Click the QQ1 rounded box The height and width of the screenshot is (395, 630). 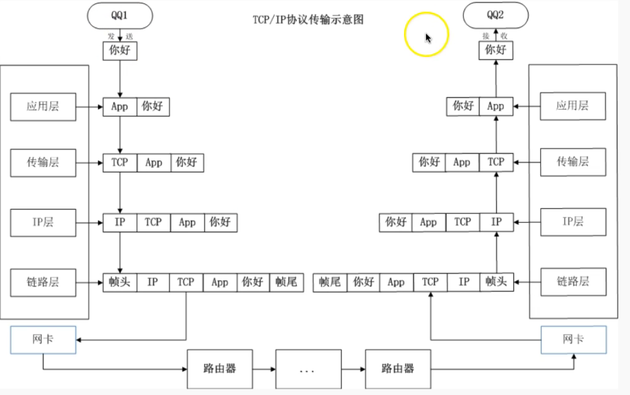click(120, 16)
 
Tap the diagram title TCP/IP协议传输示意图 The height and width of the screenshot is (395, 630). click(308, 20)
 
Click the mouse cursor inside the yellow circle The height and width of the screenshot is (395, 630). click(428, 38)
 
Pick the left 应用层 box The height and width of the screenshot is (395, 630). click(43, 107)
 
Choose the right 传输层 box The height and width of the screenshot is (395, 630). click(573, 162)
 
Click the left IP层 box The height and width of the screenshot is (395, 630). click(43, 222)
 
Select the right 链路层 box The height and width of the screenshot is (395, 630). click(573, 281)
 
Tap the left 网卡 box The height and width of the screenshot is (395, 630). click(43, 340)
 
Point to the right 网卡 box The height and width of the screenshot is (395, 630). click(573, 340)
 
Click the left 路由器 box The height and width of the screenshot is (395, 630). click(220, 369)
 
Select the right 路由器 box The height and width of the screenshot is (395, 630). click(398, 369)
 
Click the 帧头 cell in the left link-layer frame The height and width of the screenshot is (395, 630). click(120, 282)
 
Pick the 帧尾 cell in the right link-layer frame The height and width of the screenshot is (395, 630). click(330, 282)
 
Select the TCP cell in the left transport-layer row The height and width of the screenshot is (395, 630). click(120, 163)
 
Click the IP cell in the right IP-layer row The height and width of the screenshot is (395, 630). click(496, 222)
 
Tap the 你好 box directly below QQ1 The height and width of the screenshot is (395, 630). click(120, 51)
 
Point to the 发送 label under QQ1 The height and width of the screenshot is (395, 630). click(120, 36)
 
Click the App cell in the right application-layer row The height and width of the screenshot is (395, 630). click(496, 107)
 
